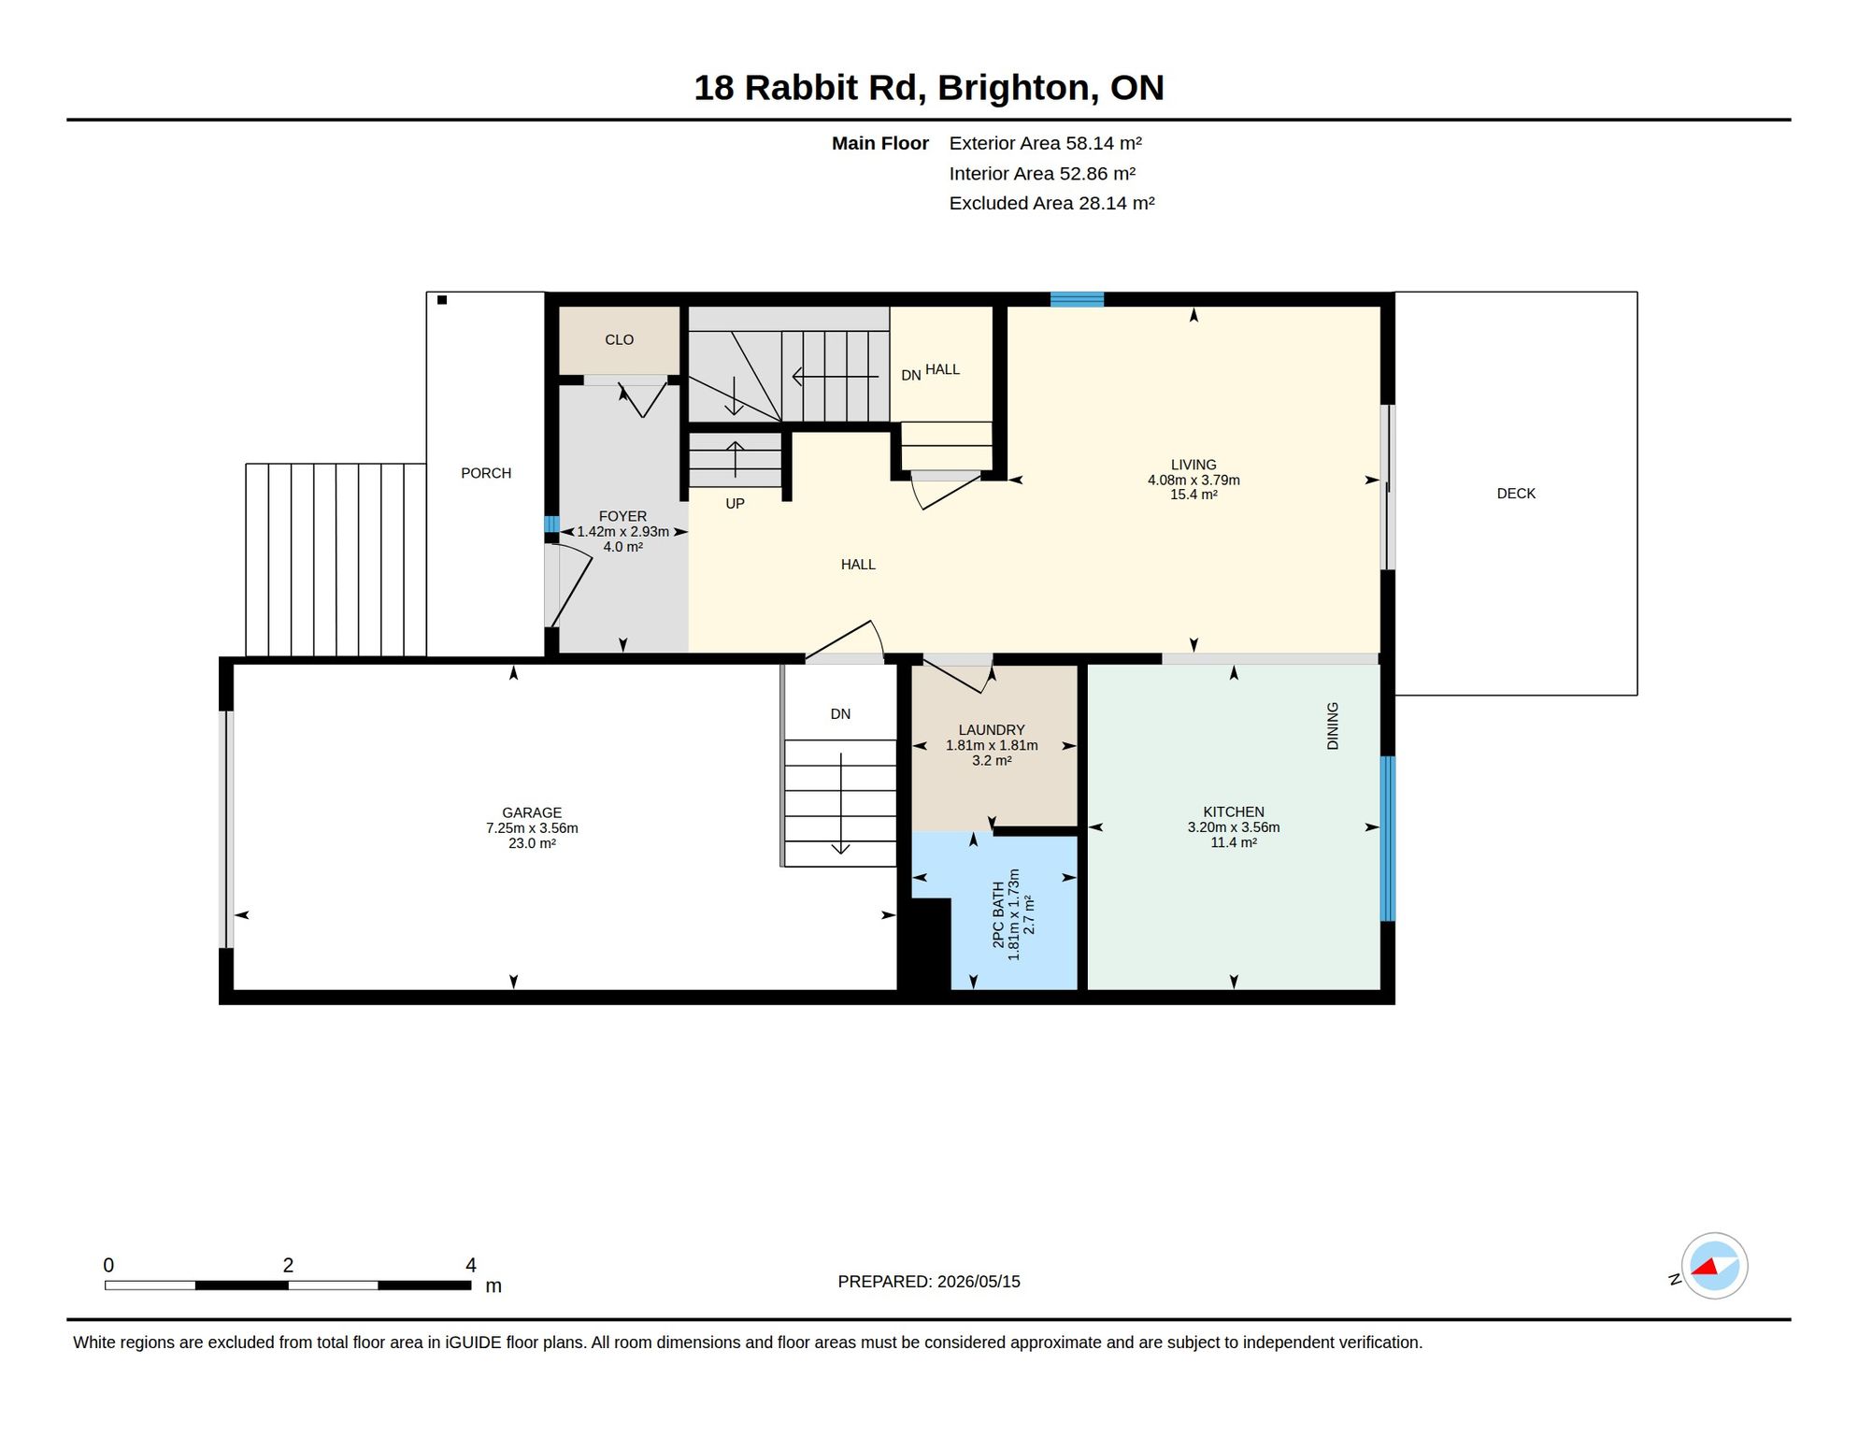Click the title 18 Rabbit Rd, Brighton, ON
point(928,88)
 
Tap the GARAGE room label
point(532,813)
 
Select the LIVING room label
point(1193,465)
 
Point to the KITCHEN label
point(1234,812)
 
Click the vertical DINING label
point(1333,726)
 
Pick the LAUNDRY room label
point(992,730)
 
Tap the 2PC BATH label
point(998,914)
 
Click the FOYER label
point(622,516)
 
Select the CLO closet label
point(619,339)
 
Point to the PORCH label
point(486,473)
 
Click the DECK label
point(1516,494)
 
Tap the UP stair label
point(736,504)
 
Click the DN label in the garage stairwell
point(840,714)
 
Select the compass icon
point(1714,1266)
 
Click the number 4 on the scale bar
point(471,1265)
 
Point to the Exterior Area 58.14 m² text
point(1045,143)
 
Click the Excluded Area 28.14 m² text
point(1051,203)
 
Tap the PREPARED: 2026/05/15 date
point(929,1282)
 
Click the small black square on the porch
point(442,300)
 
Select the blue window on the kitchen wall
point(1388,839)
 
